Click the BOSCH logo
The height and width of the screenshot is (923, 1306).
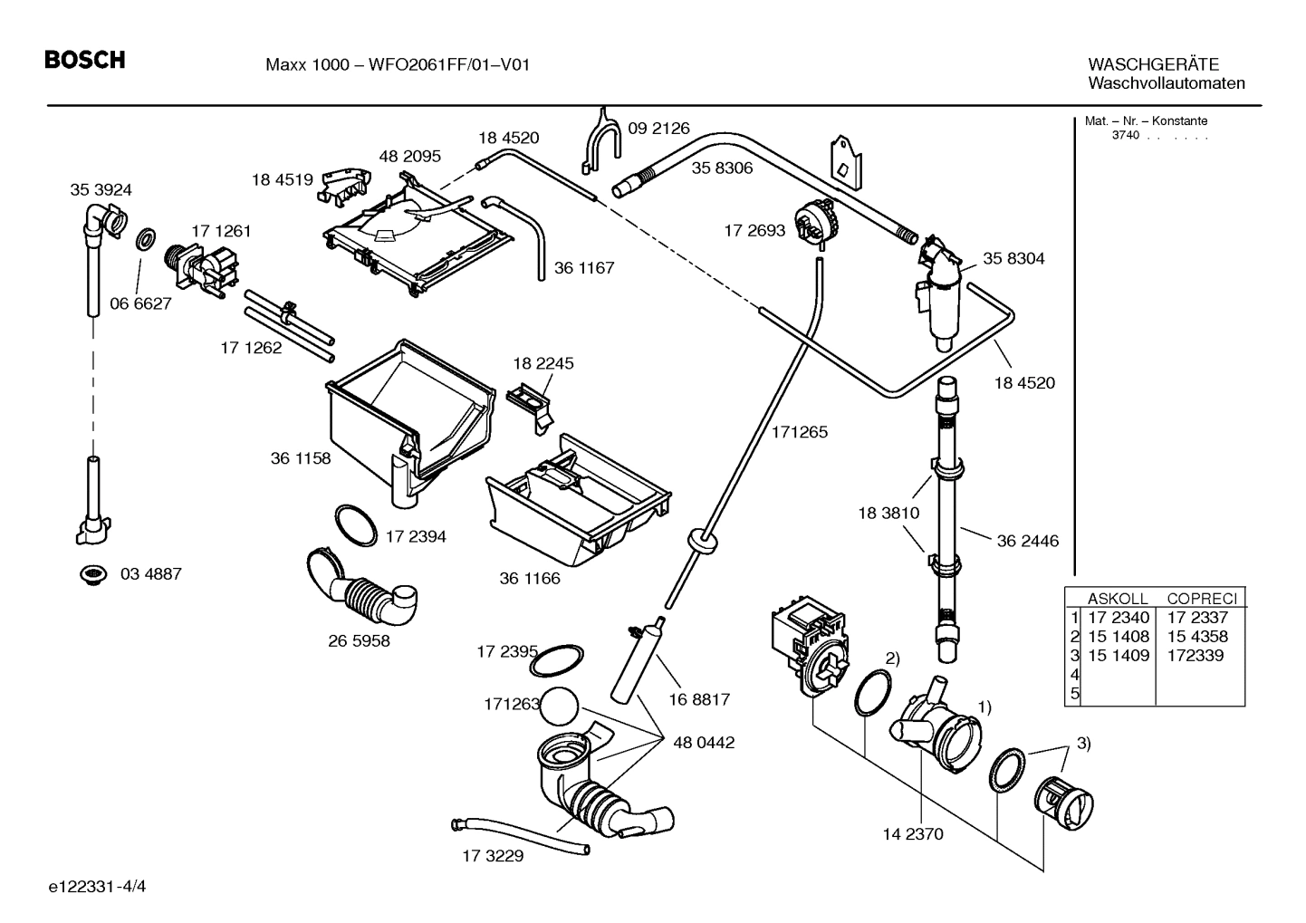[85, 61]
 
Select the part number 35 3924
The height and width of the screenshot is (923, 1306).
[101, 189]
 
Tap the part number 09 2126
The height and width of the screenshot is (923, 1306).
[658, 129]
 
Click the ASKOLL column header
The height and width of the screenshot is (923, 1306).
[1117, 599]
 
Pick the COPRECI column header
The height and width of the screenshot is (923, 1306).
[1201, 599]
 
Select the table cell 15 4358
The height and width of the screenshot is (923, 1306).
[1196, 637]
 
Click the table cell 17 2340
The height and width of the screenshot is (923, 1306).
[1118, 618]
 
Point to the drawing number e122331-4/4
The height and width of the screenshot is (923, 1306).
[98, 885]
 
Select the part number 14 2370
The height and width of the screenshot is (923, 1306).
[913, 833]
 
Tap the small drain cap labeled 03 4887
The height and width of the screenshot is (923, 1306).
[91, 574]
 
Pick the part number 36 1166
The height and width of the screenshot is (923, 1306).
[530, 578]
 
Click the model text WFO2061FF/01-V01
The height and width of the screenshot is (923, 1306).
[448, 64]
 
